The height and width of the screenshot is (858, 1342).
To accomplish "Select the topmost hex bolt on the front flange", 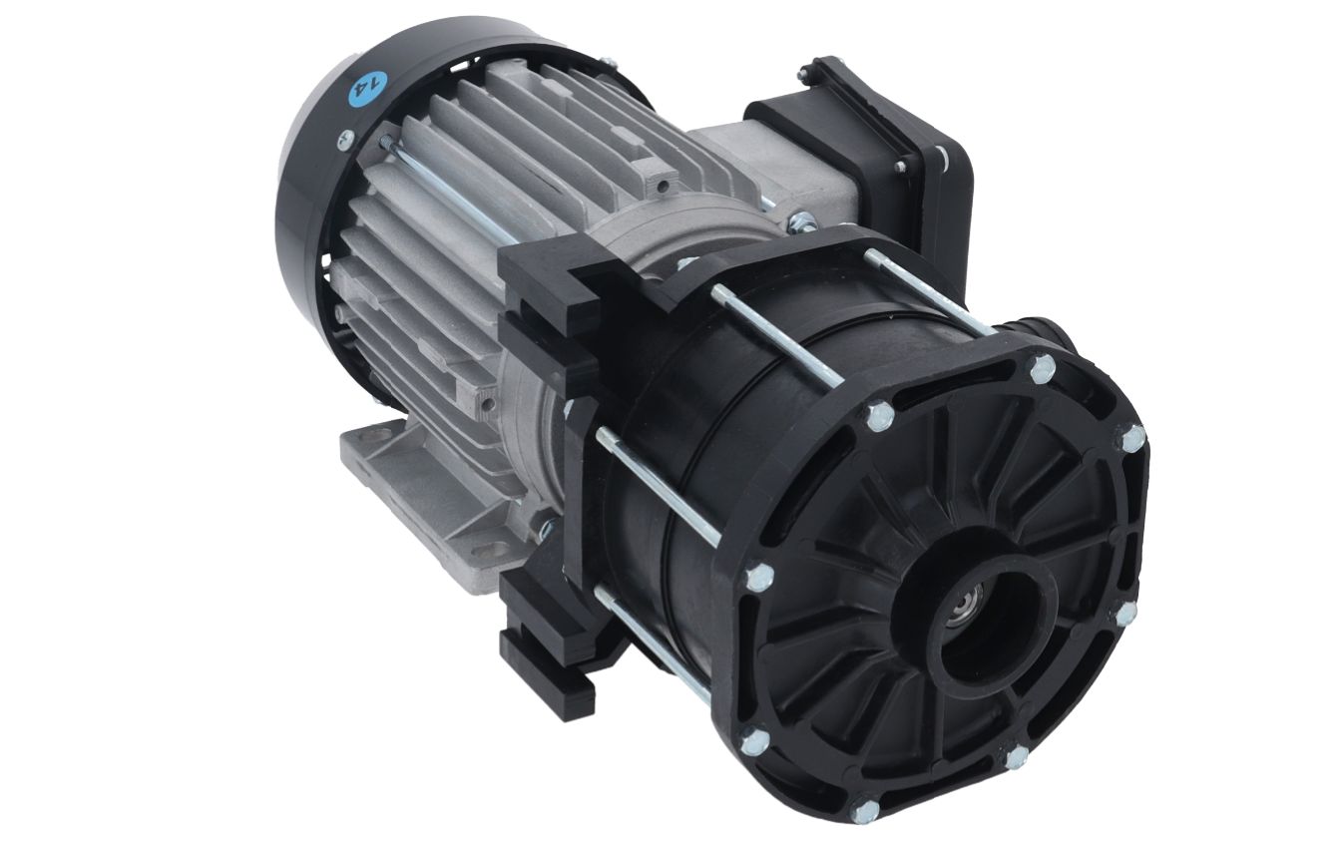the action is click(1043, 367).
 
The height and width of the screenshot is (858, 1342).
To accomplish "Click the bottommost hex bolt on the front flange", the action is click(865, 809).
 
